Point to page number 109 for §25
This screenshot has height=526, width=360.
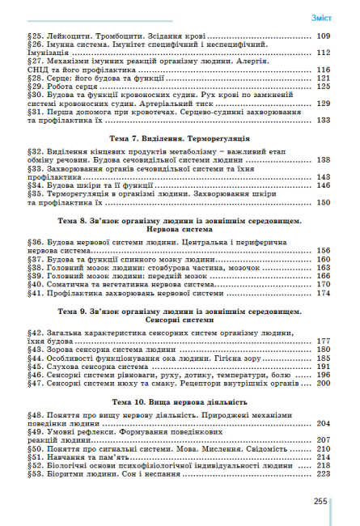(x=324, y=37)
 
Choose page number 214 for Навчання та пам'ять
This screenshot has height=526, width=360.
(x=324, y=457)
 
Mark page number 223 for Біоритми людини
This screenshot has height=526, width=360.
(x=324, y=475)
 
